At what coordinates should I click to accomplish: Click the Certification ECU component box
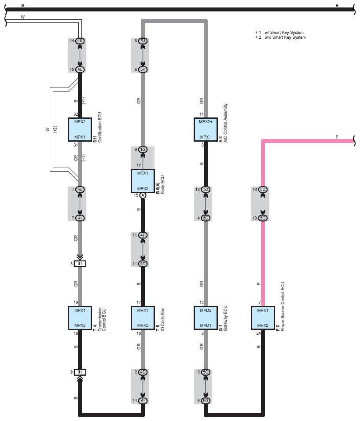pyautogui.click(x=80, y=129)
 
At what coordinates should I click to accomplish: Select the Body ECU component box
pyautogui.click(x=143, y=181)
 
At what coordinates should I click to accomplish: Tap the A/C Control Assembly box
pyautogui.click(x=206, y=129)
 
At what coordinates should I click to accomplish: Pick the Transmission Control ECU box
pyautogui.click(x=80, y=318)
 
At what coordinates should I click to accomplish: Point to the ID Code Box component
pyautogui.click(x=143, y=318)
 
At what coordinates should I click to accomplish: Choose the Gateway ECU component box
pyautogui.click(x=206, y=318)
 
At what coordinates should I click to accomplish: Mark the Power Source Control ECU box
pyautogui.click(x=263, y=318)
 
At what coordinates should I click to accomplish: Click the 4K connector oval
pyautogui.click(x=80, y=41)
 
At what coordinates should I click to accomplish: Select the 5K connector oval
pyautogui.click(x=143, y=70)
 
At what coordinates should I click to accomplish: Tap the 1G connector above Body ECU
pyautogui.click(x=143, y=150)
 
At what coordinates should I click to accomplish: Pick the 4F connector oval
pyautogui.click(x=143, y=235)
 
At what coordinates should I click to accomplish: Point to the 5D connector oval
pyautogui.click(x=263, y=189)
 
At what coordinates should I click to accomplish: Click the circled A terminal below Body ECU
pyautogui.click(x=143, y=196)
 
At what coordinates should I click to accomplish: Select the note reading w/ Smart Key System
pyautogui.click(x=279, y=33)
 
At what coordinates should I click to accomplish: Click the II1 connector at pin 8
pyautogui.click(x=80, y=264)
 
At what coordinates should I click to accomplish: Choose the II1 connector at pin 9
pyautogui.click(x=80, y=372)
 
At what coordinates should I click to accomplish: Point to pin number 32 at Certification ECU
pyautogui.click(x=76, y=114)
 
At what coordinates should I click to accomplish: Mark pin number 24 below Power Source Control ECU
pyautogui.click(x=258, y=333)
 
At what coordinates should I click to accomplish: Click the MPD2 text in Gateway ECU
pyautogui.click(x=206, y=310)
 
